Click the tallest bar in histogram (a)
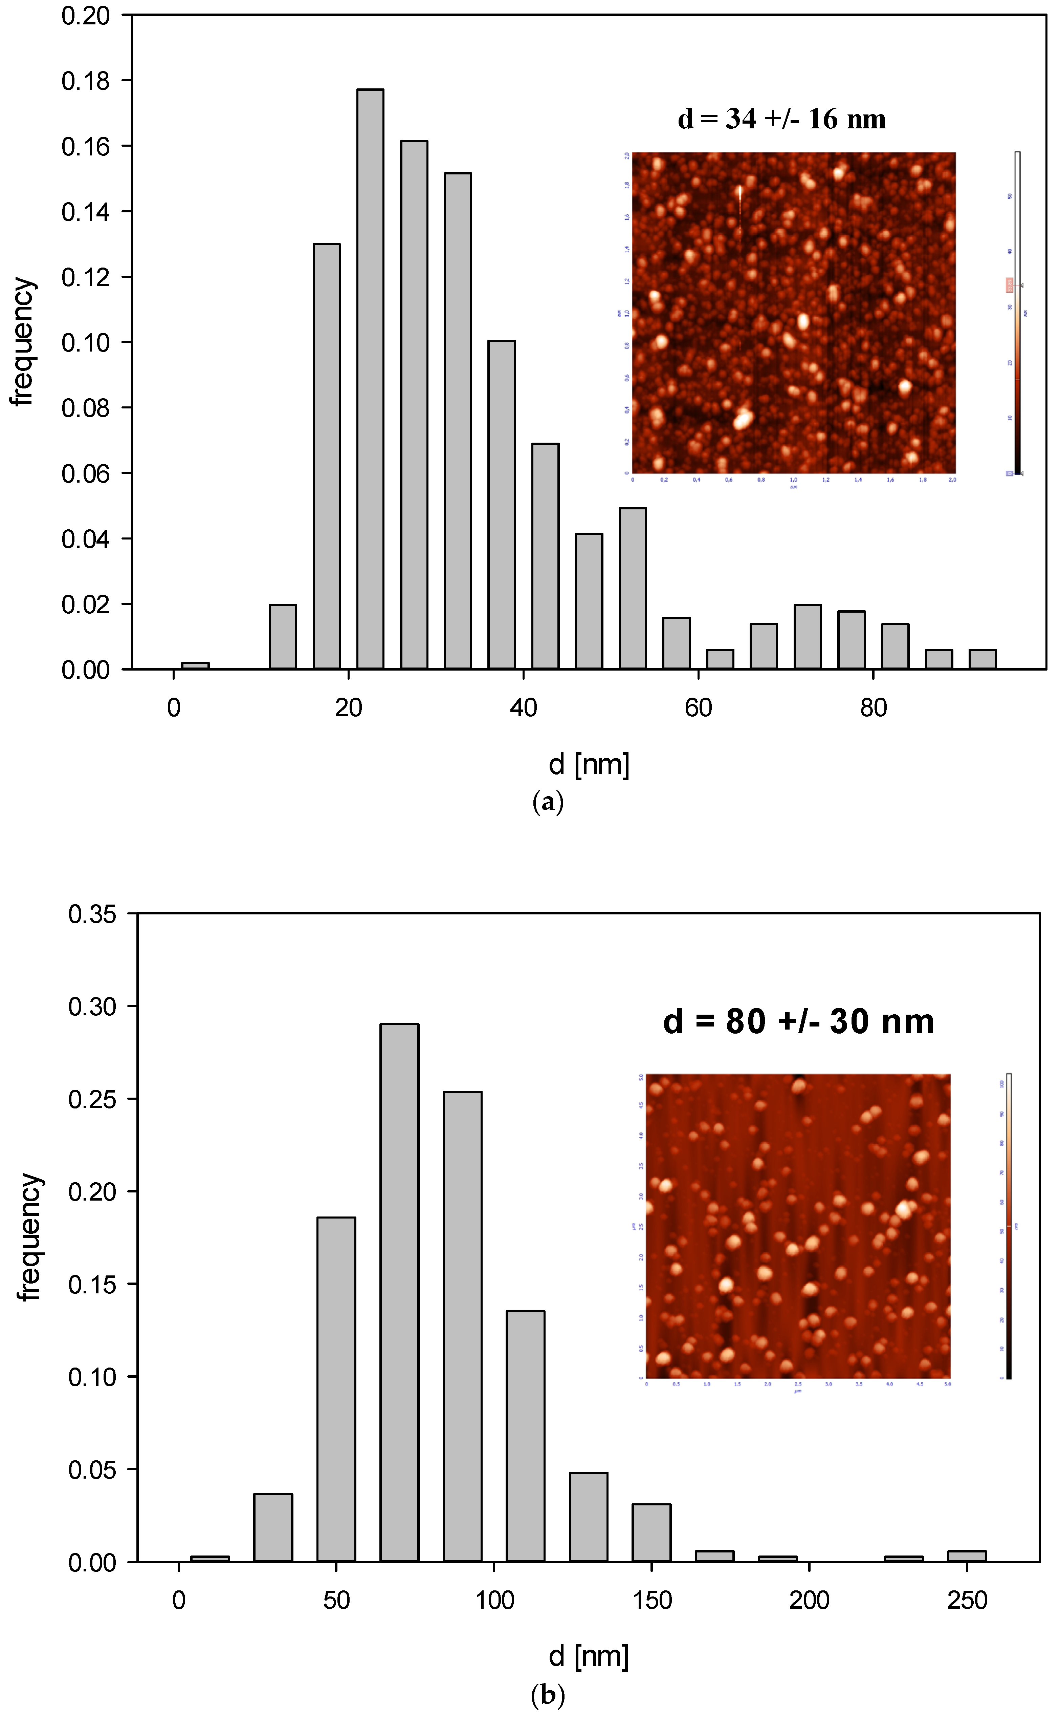(x=370, y=379)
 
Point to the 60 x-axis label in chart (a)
(x=698, y=708)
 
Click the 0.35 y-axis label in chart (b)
(x=92, y=914)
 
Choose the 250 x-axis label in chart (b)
(x=967, y=1601)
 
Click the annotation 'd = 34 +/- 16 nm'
(x=782, y=119)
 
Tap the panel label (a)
(x=548, y=802)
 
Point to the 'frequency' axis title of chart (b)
(x=29, y=1238)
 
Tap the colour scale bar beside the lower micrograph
(x=1009, y=1226)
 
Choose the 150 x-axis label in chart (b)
(x=652, y=1601)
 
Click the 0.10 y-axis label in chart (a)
(x=86, y=342)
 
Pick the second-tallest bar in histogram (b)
(x=463, y=1326)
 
